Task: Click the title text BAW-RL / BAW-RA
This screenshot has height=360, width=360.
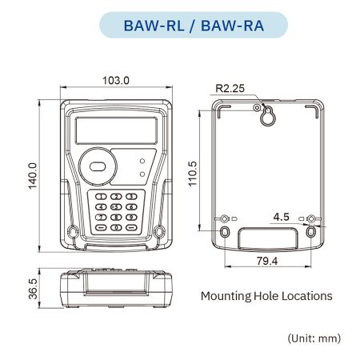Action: (179, 25)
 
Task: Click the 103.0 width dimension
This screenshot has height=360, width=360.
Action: (116, 80)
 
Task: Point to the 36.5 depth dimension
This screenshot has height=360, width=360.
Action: (33, 288)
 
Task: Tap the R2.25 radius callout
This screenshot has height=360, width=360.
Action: (230, 89)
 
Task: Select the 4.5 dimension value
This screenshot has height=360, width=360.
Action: (281, 217)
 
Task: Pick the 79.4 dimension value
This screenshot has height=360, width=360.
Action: (269, 260)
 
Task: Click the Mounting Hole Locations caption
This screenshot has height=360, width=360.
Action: (266, 296)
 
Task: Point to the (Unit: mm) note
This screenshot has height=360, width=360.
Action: (314, 338)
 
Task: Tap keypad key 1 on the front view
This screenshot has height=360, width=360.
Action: (102, 197)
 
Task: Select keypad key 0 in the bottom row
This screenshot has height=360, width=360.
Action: (115, 226)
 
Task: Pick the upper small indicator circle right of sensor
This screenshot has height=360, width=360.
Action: (142, 161)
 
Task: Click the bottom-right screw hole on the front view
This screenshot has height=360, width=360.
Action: (160, 232)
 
